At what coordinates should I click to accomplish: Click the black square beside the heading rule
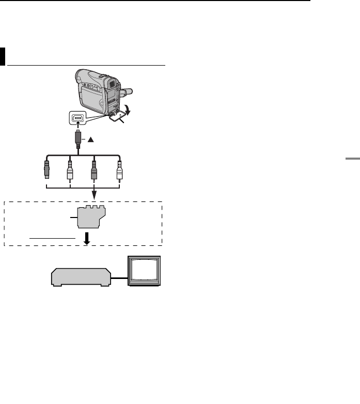(x=3, y=57)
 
